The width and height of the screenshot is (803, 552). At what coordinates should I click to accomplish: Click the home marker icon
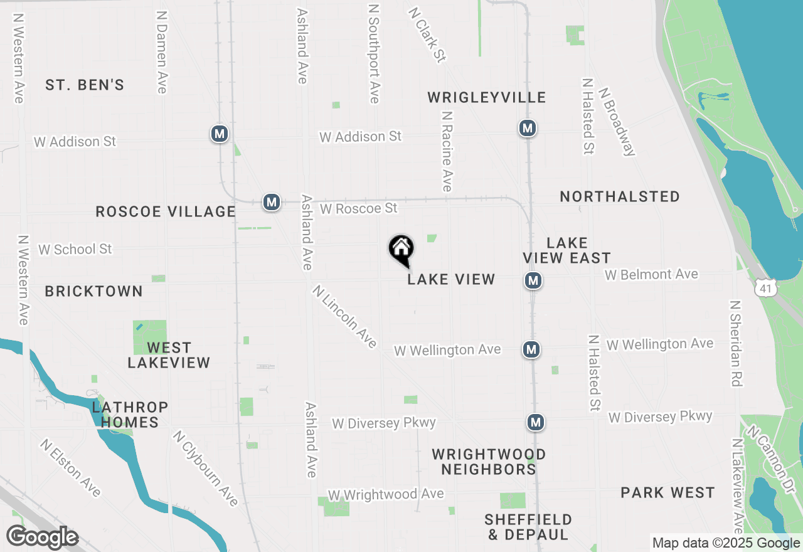tap(401, 249)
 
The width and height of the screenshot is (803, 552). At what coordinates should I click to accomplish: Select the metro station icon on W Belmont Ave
tap(533, 280)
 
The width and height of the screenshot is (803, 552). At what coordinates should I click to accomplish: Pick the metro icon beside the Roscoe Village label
tap(271, 202)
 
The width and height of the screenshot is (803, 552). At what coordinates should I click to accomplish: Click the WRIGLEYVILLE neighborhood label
tap(486, 97)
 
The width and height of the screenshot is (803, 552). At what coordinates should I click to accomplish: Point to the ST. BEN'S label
tap(85, 85)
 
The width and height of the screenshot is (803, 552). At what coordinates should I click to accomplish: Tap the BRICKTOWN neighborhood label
tap(93, 291)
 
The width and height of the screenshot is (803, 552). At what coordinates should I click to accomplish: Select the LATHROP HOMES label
tap(130, 415)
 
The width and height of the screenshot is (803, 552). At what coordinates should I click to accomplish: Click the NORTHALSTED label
tap(619, 196)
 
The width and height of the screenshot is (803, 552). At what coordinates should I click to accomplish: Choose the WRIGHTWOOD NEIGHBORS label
tap(488, 462)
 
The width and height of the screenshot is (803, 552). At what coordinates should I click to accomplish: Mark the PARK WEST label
tap(667, 492)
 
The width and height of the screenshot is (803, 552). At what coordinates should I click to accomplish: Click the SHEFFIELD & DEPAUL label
tap(528, 527)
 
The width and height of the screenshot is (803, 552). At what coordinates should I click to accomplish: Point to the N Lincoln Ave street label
tap(344, 317)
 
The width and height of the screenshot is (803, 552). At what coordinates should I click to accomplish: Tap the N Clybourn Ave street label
tap(206, 468)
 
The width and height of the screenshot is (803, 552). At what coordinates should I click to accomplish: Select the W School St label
tap(75, 249)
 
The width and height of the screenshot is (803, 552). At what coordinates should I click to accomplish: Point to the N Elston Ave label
tap(70, 467)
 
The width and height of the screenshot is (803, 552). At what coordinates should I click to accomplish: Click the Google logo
tap(42, 538)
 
